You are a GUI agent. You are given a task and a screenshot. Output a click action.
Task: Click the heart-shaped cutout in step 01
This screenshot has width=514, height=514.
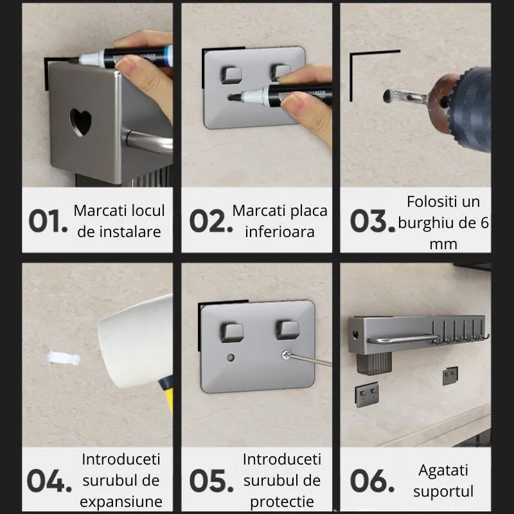[80, 121]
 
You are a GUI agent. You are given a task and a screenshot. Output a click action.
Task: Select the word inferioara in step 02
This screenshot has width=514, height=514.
[279, 231]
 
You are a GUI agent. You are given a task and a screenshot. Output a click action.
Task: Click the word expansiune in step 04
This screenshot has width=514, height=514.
[121, 501]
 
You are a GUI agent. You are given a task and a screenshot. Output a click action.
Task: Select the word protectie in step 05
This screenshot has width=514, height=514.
[282, 501]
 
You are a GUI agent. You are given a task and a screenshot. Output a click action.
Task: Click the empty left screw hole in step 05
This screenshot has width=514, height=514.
[231, 356]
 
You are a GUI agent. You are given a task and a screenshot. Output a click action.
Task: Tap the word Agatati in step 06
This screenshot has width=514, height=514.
[443, 470]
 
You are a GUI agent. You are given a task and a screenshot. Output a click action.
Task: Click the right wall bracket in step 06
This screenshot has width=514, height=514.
[450, 375]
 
